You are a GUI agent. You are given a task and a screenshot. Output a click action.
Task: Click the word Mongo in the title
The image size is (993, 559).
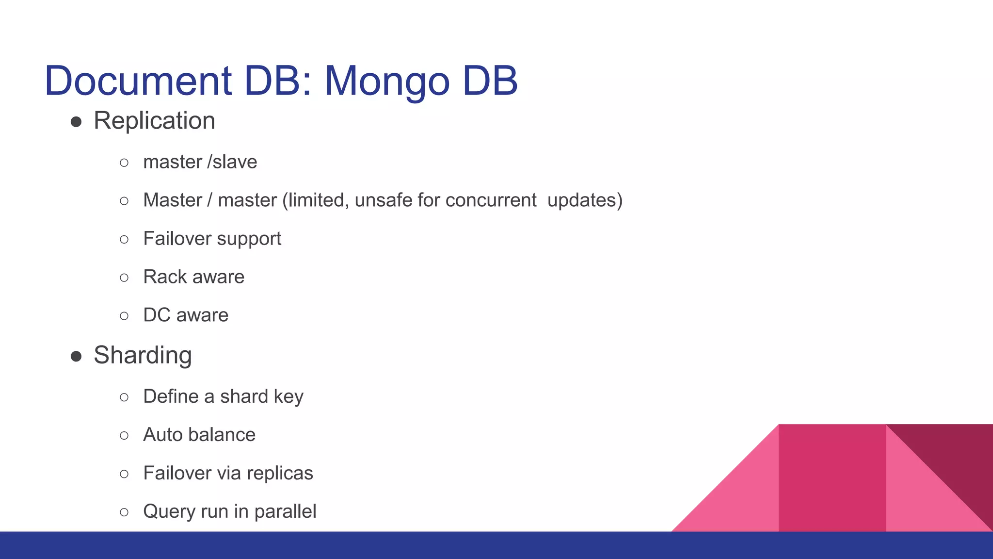pos(387,82)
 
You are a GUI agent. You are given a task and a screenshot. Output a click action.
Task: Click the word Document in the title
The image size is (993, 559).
pos(138,81)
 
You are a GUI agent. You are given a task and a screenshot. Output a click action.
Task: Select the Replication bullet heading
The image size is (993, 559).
pos(154,121)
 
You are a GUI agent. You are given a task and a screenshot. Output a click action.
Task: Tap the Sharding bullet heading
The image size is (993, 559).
pos(143,355)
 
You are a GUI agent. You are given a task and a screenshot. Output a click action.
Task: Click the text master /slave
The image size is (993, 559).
pos(200,162)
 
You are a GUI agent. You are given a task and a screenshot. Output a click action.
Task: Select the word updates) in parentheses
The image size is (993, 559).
pos(584,200)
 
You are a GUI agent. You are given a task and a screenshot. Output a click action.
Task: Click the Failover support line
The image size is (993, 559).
pos(212,239)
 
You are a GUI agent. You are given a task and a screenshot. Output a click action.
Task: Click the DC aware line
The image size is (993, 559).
pos(185,315)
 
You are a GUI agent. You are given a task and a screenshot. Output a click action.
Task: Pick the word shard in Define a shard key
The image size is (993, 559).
pos(244,396)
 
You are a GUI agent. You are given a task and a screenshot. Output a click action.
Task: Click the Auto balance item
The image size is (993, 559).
pos(199,435)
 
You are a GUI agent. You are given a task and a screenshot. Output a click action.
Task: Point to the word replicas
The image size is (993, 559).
pos(283,473)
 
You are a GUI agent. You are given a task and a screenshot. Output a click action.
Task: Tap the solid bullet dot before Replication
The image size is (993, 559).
pos(76,122)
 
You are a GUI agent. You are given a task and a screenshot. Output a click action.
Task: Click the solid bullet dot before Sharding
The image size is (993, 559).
pos(76,357)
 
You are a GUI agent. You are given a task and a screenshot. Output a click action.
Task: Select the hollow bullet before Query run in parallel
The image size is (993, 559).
pos(124,512)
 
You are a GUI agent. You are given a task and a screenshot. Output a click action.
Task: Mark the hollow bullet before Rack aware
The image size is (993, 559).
pos(124,278)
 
